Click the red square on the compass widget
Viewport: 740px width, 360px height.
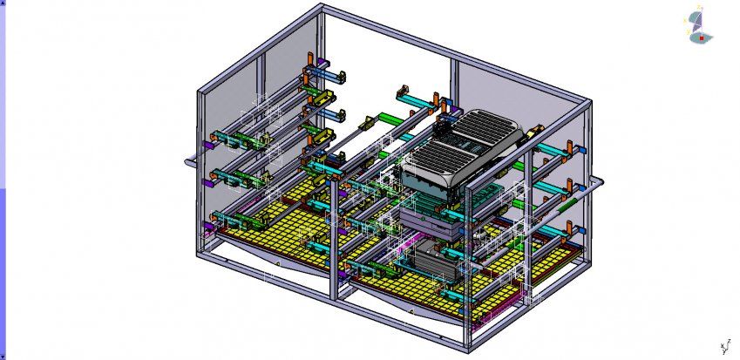(701, 37)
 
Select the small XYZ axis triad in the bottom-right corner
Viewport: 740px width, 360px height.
(723, 346)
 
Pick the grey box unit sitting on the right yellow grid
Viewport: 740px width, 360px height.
(429, 259)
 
